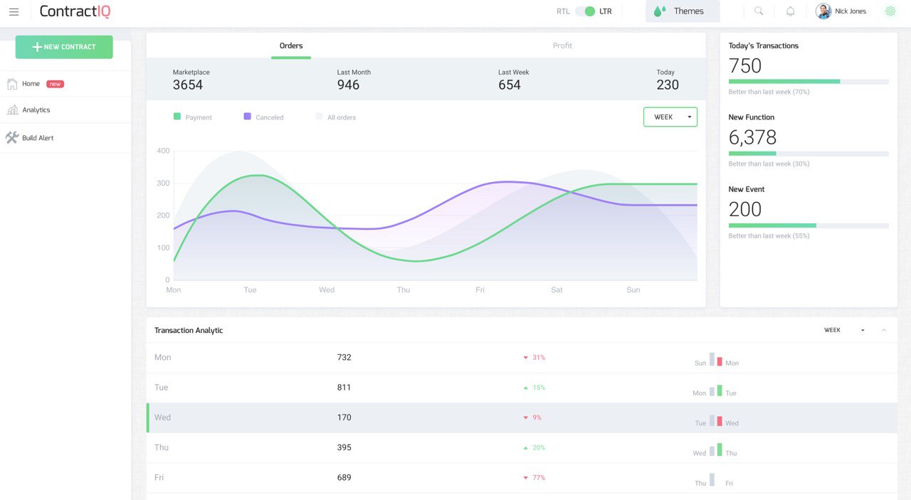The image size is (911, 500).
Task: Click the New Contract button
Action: (x=64, y=47)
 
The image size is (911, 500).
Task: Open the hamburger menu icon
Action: (x=14, y=11)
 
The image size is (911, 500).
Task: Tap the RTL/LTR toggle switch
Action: (x=585, y=11)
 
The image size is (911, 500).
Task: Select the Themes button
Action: (x=682, y=11)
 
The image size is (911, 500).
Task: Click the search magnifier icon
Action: (x=759, y=11)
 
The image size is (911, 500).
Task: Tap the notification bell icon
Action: (x=790, y=11)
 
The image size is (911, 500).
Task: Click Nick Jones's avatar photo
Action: (x=823, y=11)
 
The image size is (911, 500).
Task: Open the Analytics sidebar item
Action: (x=36, y=110)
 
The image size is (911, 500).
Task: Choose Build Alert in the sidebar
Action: (x=38, y=138)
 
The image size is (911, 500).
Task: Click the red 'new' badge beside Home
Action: (x=55, y=84)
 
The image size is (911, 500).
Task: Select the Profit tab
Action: (x=562, y=46)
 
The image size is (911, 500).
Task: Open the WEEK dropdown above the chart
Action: (x=670, y=117)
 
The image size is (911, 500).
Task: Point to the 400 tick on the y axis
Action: (x=163, y=151)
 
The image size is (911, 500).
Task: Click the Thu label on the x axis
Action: (x=404, y=290)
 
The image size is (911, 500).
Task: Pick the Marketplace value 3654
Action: (x=188, y=85)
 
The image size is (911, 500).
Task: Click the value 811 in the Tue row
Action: (x=344, y=388)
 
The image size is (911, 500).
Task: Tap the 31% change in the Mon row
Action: (x=538, y=358)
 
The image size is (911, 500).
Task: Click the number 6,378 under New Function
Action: (x=752, y=137)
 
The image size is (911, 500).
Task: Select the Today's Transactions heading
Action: (x=763, y=46)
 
